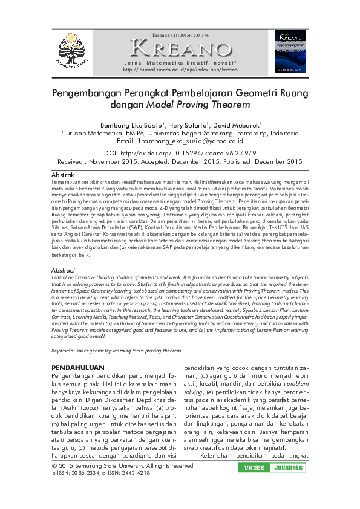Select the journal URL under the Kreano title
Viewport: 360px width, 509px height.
coord(180,70)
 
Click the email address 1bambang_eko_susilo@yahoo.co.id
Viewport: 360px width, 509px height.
coord(191,141)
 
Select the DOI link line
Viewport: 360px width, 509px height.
coord(180,154)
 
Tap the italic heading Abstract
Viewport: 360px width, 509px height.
coord(63,270)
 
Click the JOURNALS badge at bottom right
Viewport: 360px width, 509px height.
coord(290,468)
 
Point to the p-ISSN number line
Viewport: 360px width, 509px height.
coord(101,473)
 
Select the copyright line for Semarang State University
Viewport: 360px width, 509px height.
coord(123,466)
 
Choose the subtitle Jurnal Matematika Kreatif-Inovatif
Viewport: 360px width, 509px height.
coord(180,63)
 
